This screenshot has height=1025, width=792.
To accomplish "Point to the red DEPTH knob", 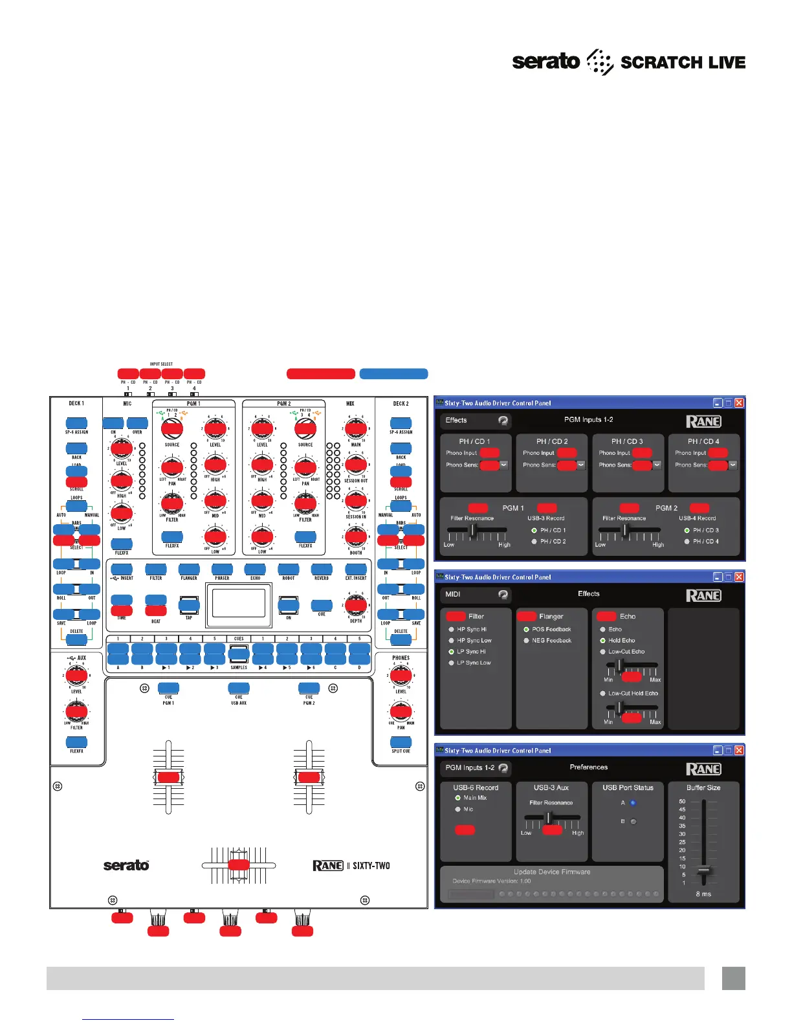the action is coord(355,604).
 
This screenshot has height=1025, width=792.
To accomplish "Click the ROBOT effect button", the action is coord(289,569).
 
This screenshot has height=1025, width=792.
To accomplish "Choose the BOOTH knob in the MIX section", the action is coord(355,536).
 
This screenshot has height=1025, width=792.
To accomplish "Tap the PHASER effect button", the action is coord(223,569).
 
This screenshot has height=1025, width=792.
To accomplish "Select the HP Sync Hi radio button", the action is coord(451,629).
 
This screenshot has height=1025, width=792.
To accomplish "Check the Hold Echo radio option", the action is coord(602,640).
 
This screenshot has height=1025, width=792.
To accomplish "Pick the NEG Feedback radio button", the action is coord(526,640).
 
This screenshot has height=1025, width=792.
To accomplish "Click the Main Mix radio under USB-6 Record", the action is coord(458,798).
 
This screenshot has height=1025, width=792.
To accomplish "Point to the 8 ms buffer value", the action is coord(703,894).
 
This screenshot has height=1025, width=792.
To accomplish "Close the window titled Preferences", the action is coord(739,751).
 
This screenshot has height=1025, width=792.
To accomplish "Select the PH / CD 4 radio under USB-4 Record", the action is coord(687,541).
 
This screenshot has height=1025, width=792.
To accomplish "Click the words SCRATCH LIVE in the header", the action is coord(683,63).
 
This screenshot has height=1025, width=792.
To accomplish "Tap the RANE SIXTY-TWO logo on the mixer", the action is coord(351,866).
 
